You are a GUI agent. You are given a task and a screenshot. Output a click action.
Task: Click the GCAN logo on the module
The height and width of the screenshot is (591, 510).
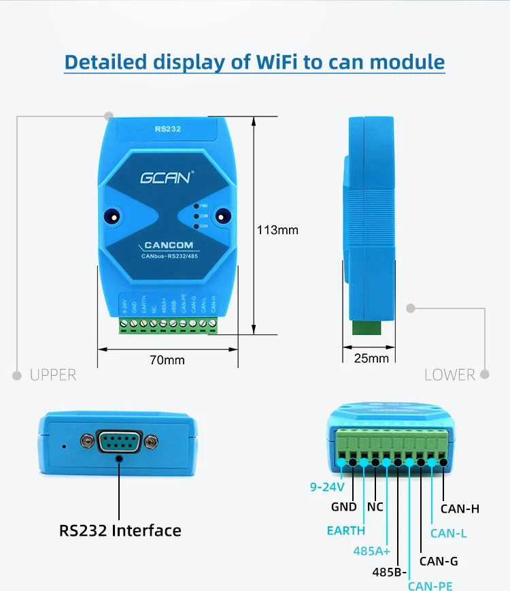pyautogui.click(x=165, y=178)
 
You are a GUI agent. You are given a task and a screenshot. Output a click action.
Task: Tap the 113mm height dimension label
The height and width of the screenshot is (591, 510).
pyautogui.click(x=277, y=230)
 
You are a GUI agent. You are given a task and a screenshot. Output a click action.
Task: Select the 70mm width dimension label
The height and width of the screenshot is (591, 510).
pyautogui.click(x=167, y=360)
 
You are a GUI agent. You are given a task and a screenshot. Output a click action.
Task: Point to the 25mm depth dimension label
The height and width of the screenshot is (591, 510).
pyautogui.click(x=372, y=358)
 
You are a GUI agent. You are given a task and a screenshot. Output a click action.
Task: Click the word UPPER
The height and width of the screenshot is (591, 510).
pyautogui.click(x=53, y=375)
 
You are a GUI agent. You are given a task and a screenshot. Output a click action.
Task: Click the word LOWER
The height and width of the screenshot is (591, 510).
pyautogui.click(x=449, y=375)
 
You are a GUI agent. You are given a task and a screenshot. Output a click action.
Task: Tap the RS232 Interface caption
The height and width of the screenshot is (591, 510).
pyautogui.click(x=120, y=530)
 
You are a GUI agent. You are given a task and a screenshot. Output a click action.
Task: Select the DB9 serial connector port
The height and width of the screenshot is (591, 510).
pyautogui.click(x=119, y=442)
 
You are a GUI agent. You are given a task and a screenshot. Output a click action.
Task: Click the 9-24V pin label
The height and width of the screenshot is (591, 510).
pyautogui.click(x=327, y=487)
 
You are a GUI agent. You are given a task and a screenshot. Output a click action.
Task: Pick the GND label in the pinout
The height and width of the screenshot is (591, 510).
pyautogui.click(x=344, y=507)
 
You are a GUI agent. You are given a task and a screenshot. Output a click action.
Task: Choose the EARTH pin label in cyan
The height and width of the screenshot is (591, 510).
pyautogui.click(x=346, y=530)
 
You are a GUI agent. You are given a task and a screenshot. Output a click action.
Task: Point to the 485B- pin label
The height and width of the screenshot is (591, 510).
pyautogui.click(x=390, y=571)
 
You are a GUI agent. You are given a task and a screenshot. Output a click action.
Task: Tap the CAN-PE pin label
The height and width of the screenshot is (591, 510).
pyautogui.click(x=430, y=585)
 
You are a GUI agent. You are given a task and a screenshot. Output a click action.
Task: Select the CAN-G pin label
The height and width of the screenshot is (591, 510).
pyautogui.click(x=439, y=561)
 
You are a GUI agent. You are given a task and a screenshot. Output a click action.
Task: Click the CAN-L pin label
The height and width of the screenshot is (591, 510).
pyautogui.click(x=449, y=534)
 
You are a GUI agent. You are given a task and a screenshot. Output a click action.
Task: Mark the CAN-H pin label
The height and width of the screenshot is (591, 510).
pyautogui.click(x=460, y=508)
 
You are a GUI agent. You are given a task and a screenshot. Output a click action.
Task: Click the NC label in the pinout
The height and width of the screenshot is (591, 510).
pyautogui.click(x=375, y=507)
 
